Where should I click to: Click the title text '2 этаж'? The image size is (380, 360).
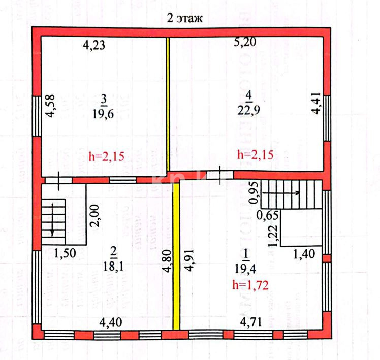point(185,19)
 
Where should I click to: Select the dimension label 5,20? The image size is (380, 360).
point(245,43)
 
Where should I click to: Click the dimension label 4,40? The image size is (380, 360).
point(110,322)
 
